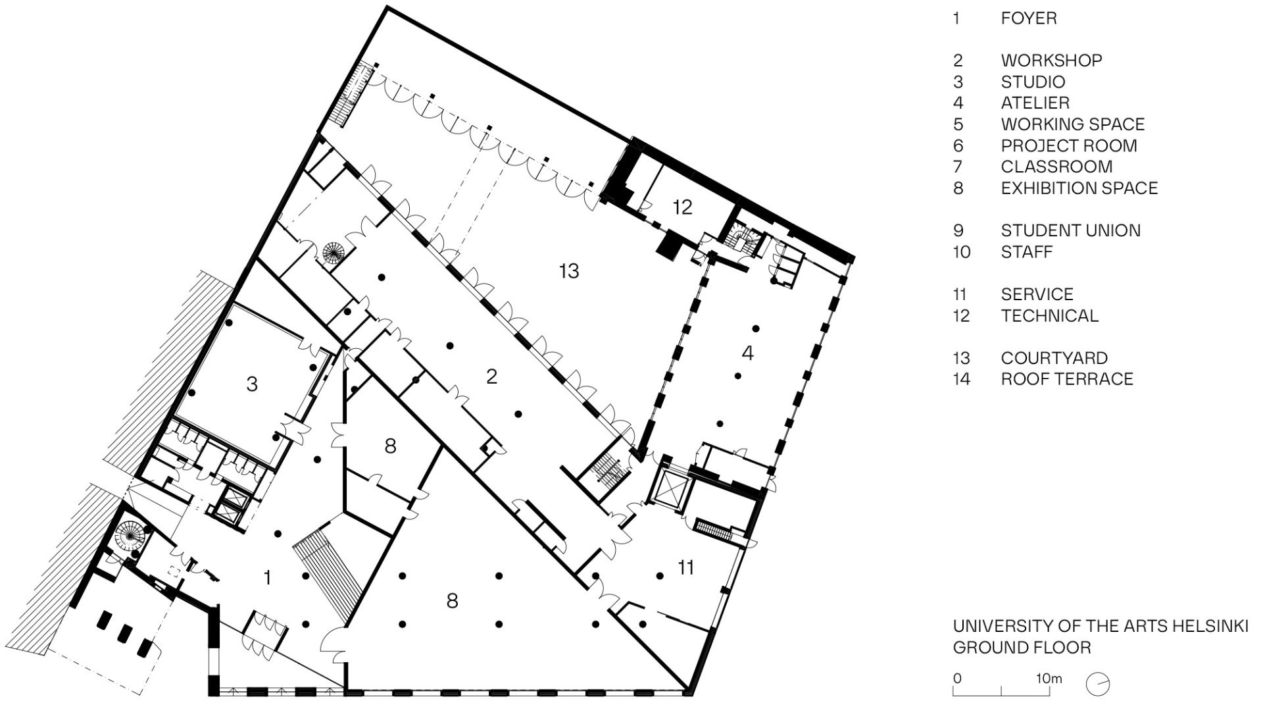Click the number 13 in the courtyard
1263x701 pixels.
coord(568,271)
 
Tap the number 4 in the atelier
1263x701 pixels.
coord(747,353)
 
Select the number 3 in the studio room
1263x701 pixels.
coord(251,384)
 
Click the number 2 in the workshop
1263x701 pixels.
coord(491,376)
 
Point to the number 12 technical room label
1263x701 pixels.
coord(682,207)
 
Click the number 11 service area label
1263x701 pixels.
coord(686,567)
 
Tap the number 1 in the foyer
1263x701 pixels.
coord(267,578)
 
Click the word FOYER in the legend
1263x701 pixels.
coord(1029,18)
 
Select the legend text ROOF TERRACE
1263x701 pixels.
coord(1066,379)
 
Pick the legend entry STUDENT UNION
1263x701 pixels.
coord(1070,230)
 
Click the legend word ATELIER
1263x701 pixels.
coord(1035,103)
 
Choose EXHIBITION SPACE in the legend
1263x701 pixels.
coord(1079,188)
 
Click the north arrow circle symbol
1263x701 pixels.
coord(1098,684)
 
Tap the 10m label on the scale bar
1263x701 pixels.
coord(1049,679)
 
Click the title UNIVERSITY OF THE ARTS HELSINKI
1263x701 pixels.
coord(1100,626)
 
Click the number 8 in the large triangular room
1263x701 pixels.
coord(451,601)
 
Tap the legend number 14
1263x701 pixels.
coord(961,379)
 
